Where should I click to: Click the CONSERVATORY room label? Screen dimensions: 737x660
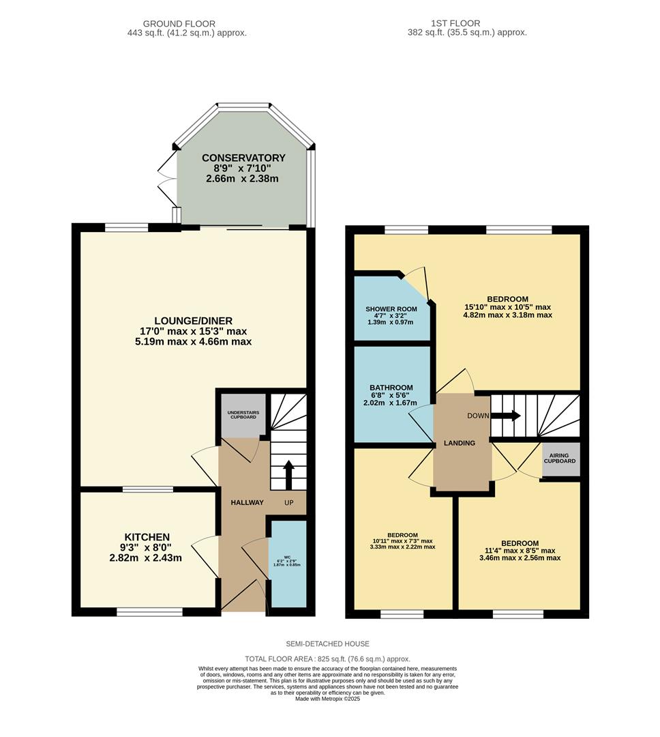pos(243,158)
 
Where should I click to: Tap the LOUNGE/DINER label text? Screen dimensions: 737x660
pos(194,321)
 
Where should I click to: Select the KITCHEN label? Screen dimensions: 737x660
pos(147,537)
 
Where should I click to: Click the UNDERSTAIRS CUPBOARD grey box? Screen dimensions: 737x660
pos(242,414)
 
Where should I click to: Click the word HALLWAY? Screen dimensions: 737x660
pos(246,503)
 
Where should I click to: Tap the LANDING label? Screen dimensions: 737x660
pos(460,443)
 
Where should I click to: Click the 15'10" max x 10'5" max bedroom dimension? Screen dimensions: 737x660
pos(508,307)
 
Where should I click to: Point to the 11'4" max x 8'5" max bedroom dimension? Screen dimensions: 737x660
pos(520,551)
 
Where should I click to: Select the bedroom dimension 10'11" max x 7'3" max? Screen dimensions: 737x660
pos(402,540)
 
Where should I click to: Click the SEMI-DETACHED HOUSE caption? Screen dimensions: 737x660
pos(327,644)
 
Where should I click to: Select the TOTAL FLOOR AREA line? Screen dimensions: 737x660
pos(327,659)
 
